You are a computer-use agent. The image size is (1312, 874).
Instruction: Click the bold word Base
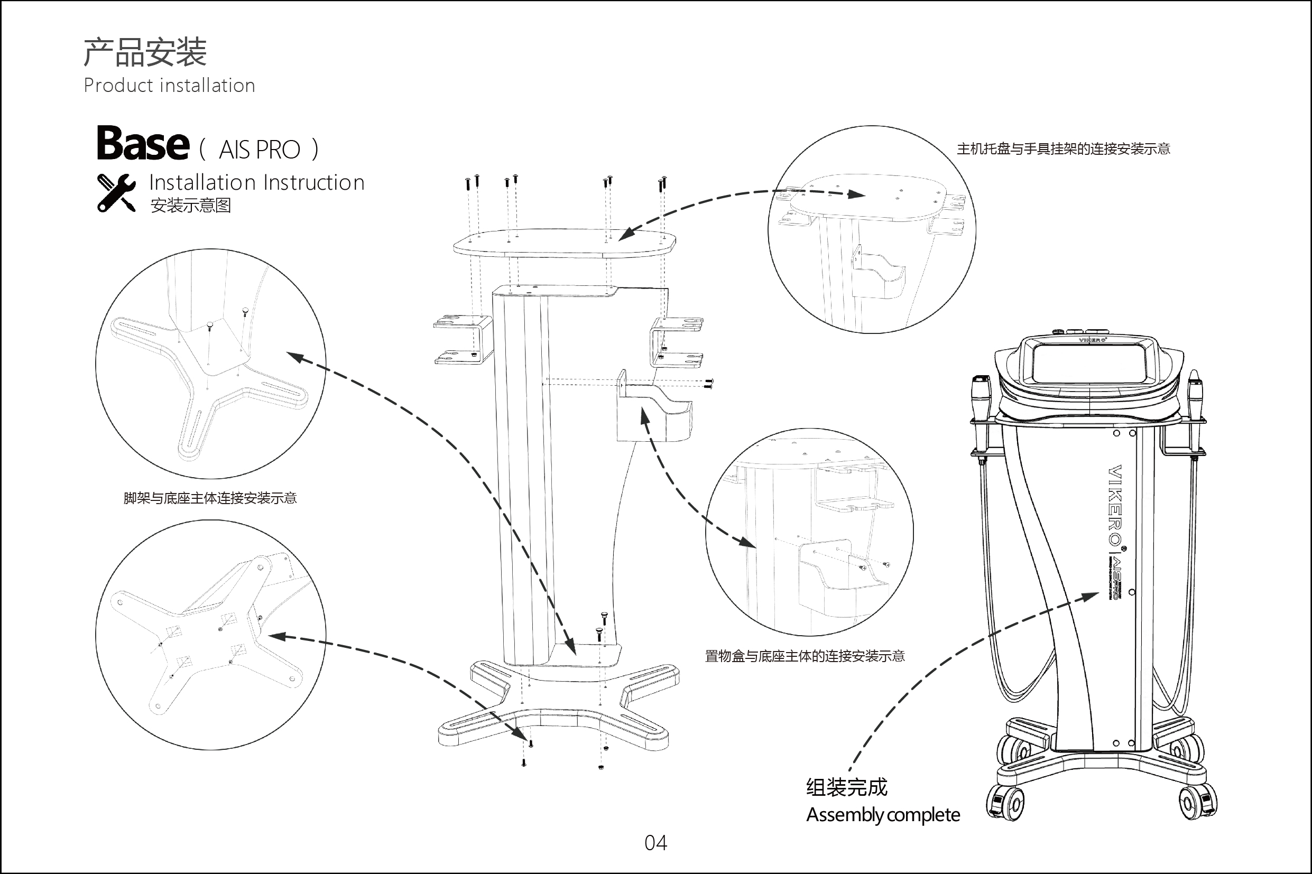pyautogui.click(x=143, y=143)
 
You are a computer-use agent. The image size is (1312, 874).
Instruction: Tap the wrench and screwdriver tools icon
pyautogui.click(x=116, y=193)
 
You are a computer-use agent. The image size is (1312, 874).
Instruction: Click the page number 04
pyautogui.click(x=655, y=843)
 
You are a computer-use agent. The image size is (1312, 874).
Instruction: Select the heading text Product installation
pyautogui.click(x=169, y=85)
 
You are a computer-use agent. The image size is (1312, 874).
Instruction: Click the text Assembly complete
pyautogui.click(x=883, y=815)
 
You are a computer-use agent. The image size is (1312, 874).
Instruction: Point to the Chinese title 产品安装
pyautogui.click(x=145, y=53)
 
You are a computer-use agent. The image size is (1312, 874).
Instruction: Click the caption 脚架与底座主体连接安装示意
pyautogui.click(x=210, y=498)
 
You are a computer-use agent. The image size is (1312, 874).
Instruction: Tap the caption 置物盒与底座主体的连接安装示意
pyautogui.click(x=804, y=656)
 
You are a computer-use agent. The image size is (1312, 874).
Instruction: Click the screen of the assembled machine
pyautogui.click(x=1087, y=364)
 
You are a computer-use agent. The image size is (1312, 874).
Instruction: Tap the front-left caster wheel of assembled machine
pyautogui.click(x=1005, y=803)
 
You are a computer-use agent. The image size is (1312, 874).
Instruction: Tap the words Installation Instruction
pyautogui.click(x=256, y=183)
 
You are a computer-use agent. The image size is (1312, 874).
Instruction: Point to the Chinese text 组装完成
pyautogui.click(x=846, y=787)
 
